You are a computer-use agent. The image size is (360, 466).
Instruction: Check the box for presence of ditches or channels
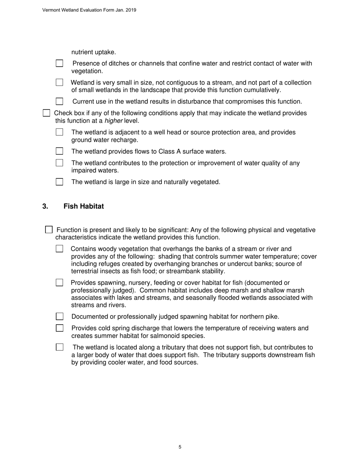coord(59,64)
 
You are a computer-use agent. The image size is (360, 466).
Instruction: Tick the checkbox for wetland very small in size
coord(59,83)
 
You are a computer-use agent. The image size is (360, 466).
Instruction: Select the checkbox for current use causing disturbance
coord(59,102)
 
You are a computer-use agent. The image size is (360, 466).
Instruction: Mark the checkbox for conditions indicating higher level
coord(46,113)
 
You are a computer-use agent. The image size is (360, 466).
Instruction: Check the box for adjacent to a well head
coord(59,132)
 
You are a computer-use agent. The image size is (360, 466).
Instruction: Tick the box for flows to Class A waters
coord(59,152)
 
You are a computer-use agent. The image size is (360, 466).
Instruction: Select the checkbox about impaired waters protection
coord(59,163)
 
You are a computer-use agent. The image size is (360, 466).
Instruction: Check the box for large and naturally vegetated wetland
coord(59,182)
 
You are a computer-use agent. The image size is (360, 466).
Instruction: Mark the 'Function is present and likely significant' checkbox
coord(49,230)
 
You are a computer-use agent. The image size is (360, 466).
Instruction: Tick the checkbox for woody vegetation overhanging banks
coord(59,249)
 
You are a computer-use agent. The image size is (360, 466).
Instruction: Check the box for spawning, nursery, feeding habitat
coord(59,283)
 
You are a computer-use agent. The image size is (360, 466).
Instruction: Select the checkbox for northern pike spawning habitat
coord(59,317)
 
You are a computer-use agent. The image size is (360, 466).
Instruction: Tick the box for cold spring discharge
coord(59,328)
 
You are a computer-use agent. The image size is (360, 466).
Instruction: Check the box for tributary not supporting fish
coord(59,347)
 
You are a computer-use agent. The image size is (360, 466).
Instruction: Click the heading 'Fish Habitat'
coord(83,206)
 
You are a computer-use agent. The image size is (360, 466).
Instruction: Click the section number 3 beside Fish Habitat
coord(45,206)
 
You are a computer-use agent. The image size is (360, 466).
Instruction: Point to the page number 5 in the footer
coord(180,447)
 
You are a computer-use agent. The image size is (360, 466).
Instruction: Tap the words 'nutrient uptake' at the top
coord(94,52)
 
